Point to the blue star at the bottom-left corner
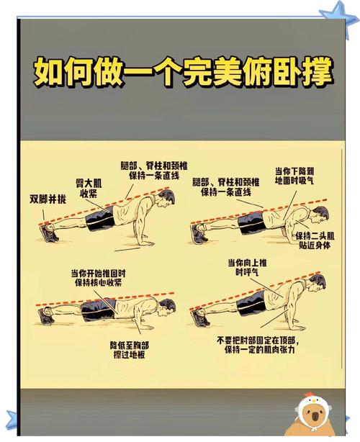click(15, 422)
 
